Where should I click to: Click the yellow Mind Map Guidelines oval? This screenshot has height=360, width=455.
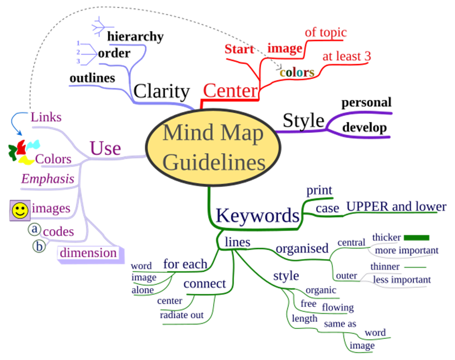[x=214, y=148]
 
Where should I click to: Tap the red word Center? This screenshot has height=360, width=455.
[x=230, y=90]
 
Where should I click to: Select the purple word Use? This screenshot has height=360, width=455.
[x=105, y=149]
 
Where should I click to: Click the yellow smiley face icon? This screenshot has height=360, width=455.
[x=20, y=210]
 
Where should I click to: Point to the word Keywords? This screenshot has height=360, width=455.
[x=257, y=215]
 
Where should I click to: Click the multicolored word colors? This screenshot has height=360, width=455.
[x=297, y=73]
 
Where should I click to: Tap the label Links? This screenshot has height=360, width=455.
[x=46, y=117]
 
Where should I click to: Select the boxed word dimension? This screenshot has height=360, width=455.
[x=88, y=253]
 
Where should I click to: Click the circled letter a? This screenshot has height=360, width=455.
[x=35, y=229]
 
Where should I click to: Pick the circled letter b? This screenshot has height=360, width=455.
[x=39, y=245]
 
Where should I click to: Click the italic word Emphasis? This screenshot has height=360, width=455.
[x=47, y=179]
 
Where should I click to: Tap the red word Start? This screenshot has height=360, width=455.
[x=239, y=49]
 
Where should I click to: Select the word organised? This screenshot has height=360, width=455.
[x=302, y=248]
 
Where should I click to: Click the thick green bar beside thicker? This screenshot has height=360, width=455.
[x=416, y=238]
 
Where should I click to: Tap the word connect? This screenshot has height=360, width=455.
[x=205, y=284]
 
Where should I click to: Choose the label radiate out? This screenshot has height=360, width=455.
[x=181, y=314]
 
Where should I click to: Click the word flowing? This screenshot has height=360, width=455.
[x=338, y=307]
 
